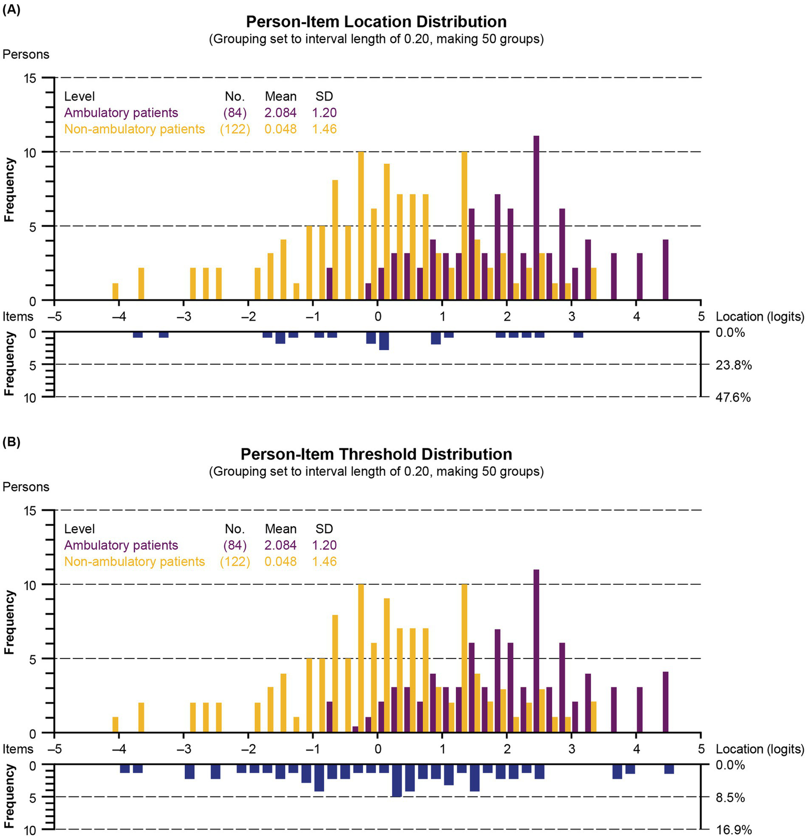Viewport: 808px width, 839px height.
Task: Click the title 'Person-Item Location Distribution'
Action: [x=376, y=22]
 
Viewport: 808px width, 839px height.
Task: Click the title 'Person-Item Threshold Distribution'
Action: [x=376, y=454]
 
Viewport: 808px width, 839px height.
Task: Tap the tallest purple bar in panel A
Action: [x=536, y=218]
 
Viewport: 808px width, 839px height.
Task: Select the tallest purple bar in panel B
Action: [x=536, y=651]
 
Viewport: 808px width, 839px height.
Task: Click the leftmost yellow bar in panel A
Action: [x=115, y=292]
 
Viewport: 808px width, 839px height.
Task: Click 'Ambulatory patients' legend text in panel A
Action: [x=121, y=113]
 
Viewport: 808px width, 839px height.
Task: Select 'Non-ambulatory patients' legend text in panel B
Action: [x=134, y=562]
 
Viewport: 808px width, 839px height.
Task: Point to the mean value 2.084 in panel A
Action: [x=281, y=113]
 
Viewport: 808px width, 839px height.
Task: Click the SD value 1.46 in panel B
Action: [x=324, y=562]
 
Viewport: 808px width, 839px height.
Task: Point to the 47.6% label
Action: [x=733, y=397]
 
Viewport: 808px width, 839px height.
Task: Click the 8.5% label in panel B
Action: [x=731, y=797]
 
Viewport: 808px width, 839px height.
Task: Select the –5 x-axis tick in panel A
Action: [x=55, y=317]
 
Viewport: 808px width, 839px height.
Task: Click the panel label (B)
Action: [x=12, y=442]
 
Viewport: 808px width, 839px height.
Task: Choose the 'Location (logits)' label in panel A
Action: [x=760, y=317]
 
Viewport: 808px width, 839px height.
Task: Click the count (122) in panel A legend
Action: [x=235, y=129]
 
